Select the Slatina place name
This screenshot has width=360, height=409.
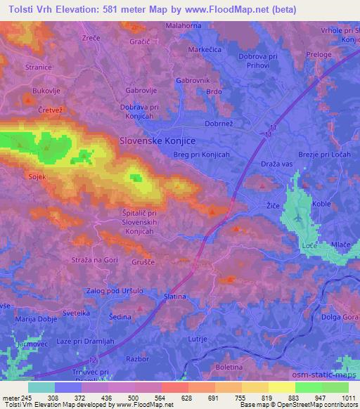tap(174, 297)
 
